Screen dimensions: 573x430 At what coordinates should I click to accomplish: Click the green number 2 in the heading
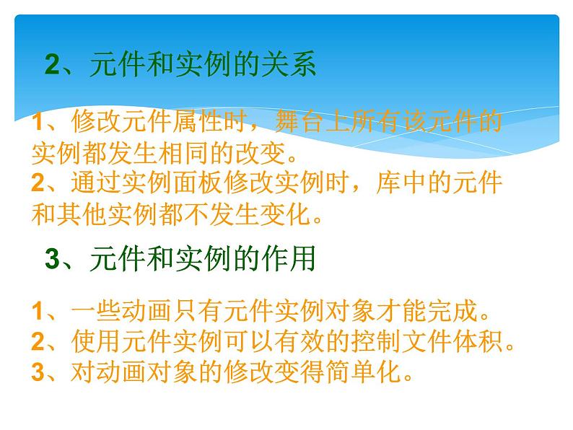click(x=52, y=64)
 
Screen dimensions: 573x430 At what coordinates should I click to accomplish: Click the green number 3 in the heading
click(x=52, y=258)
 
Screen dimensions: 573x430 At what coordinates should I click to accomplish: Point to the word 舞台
click(x=299, y=121)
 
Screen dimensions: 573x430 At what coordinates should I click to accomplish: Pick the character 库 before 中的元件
click(x=389, y=183)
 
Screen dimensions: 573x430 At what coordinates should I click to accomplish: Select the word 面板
click(x=198, y=183)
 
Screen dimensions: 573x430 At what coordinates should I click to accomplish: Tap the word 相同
click(x=185, y=153)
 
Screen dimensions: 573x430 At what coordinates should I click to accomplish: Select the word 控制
click(x=377, y=341)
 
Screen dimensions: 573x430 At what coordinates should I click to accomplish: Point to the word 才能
click(x=402, y=311)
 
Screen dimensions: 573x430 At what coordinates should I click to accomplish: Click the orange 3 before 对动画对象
click(x=38, y=372)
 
